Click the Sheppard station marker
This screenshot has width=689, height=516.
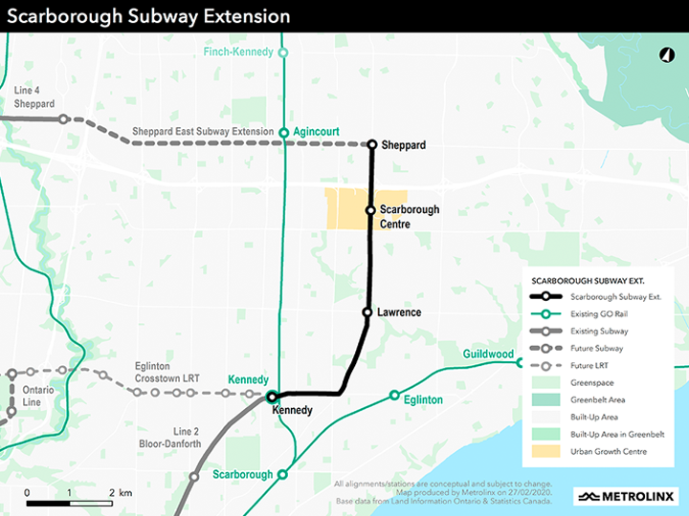point(372,144)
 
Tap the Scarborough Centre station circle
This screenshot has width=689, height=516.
point(370,210)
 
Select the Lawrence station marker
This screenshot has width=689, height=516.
point(367,312)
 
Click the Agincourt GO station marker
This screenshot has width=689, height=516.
point(283,133)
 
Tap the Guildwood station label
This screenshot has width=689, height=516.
point(487,355)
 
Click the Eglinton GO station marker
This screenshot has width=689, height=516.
point(394,395)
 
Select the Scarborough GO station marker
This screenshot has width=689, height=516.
point(282,474)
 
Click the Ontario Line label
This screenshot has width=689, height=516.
point(38,397)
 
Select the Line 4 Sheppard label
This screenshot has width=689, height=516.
point(35,97)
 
